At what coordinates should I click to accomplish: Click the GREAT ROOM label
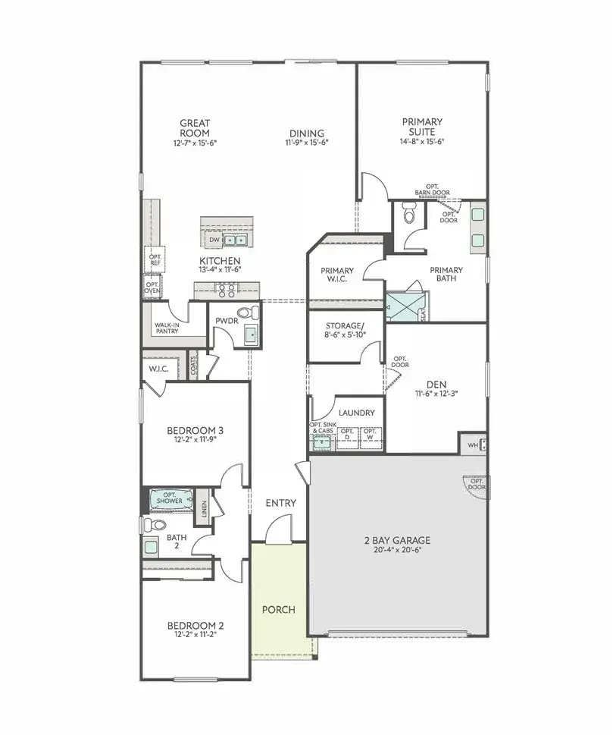pos(195,127)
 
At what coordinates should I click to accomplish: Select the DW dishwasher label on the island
pos(214,240)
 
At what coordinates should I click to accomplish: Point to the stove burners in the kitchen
pos(227,289)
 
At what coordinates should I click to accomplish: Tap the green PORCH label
pos(278,610)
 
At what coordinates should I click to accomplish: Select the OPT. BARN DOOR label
pos(433,190)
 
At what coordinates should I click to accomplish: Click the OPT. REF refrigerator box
pos(155,259)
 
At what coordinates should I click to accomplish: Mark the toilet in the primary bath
pos(409,216)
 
